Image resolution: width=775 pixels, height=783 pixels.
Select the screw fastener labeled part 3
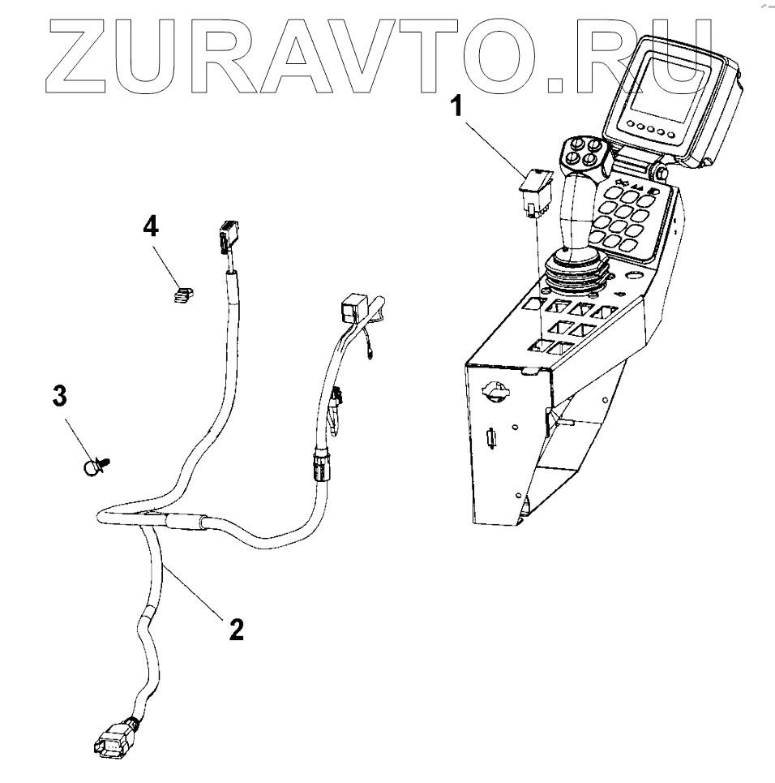click(97, 466)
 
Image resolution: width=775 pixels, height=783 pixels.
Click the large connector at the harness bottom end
click(113, 739)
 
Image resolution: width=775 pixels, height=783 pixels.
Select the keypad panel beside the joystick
click(629, 215)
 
